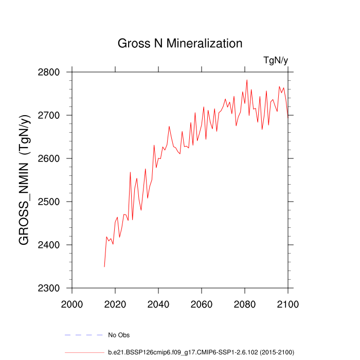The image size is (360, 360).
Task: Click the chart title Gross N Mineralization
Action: (x=180, y=43)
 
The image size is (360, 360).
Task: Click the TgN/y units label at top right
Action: (x=276, y=60)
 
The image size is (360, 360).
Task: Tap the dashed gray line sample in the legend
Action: (x=84, y=335)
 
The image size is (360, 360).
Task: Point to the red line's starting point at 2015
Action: (x=104, y=266)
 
